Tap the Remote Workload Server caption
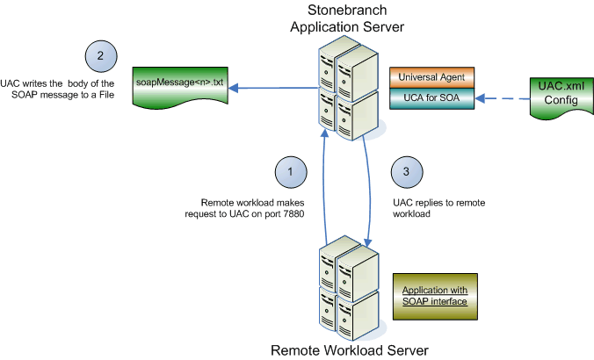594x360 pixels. (x=349, y=349)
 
